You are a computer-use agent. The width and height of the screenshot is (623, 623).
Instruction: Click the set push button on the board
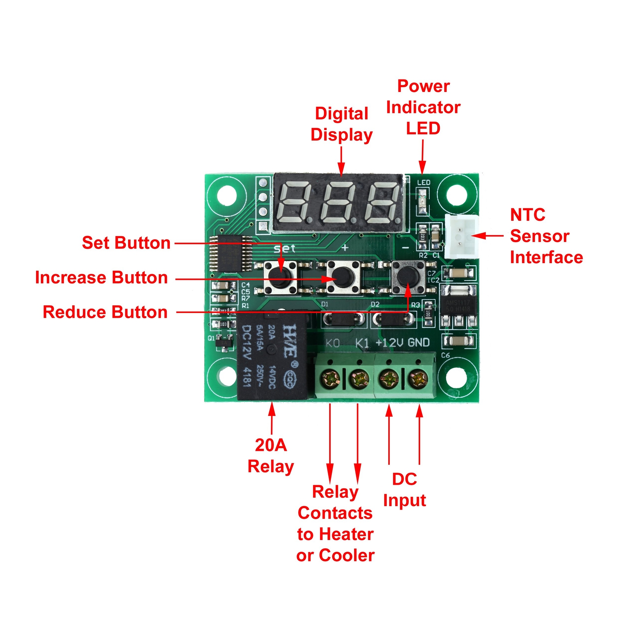[280, 277]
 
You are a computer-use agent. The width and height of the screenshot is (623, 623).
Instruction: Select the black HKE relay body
[272, 356]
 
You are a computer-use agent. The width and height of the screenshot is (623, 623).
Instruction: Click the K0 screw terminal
[330, 379]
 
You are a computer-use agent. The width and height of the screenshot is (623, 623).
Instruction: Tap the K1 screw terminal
[359, 379]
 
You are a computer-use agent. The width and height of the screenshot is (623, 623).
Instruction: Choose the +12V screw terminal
[389, 379]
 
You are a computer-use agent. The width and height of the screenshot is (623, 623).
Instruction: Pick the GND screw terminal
[418, 379]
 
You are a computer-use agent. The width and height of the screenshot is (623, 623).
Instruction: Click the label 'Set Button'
[126, 243]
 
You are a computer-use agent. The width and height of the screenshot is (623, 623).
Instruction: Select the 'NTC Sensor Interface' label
[546, 236]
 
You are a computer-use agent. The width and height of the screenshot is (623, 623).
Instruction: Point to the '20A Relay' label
[271, 456]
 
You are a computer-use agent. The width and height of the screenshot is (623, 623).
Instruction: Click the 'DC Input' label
[405, 490]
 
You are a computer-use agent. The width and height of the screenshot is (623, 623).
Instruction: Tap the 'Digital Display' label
[341, 124]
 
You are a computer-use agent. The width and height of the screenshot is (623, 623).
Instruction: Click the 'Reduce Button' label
[105, 312]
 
